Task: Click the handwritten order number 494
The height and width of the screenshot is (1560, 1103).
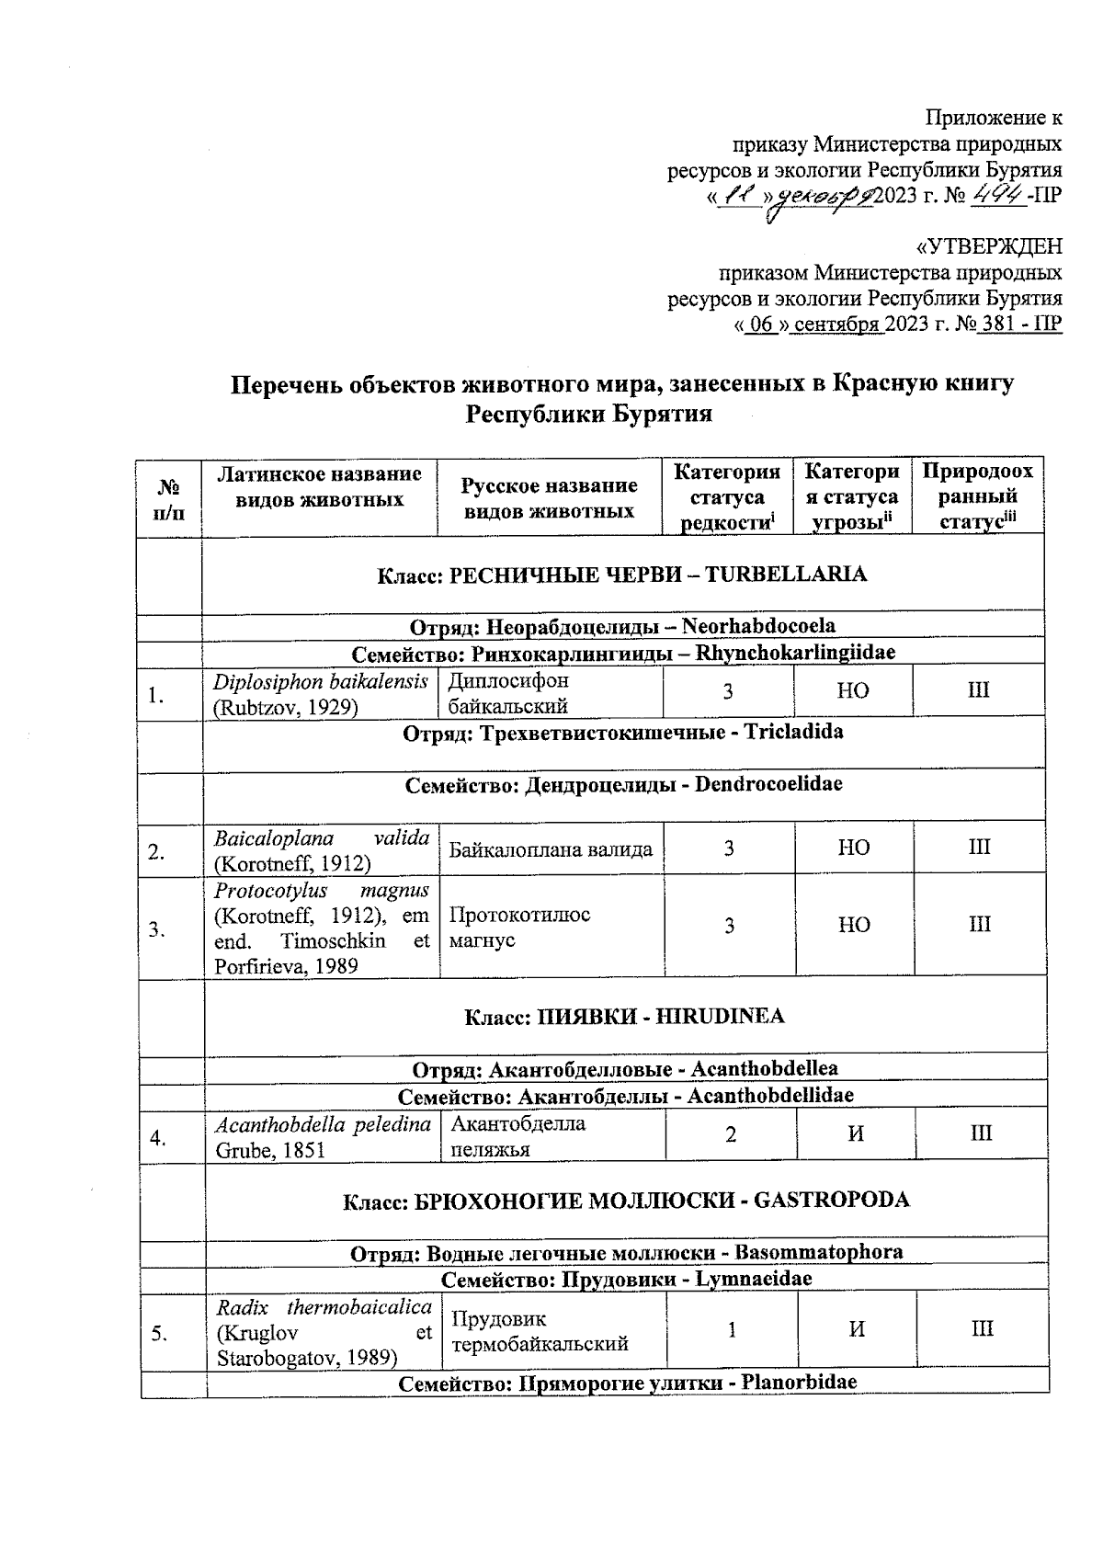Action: click(998, 194)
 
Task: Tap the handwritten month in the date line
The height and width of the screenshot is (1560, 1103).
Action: click(826, 196)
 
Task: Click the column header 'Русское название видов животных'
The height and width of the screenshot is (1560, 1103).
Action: click(549, 497)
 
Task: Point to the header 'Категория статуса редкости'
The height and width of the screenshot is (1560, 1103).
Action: click(727, 497)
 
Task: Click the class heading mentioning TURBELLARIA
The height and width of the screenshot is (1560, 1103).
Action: click(622, 575)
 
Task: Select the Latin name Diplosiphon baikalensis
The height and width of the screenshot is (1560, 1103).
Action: click(320, 682)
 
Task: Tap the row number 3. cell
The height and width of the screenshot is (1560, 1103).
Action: click(158, 928)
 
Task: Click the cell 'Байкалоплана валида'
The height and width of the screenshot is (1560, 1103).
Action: click(551, 849)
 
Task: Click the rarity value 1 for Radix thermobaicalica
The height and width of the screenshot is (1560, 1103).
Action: click(732, 1329)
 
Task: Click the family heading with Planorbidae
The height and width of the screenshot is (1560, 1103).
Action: click(627, 1383)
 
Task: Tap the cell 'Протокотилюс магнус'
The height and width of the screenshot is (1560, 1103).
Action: click(519, 927)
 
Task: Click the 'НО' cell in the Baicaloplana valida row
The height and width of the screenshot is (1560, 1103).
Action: click(854, 848)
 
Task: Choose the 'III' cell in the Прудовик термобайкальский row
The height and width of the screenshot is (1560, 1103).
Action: click(982, 1329)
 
